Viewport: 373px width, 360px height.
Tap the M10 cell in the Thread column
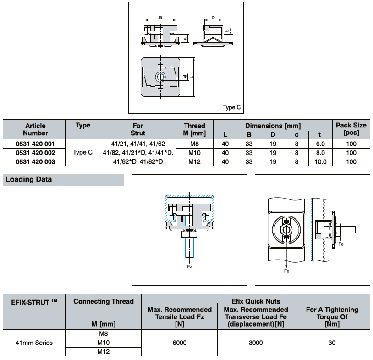pyautogui.click(x=194, y=152)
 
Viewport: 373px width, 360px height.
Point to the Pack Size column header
pyautogui.click(x=351, y=129)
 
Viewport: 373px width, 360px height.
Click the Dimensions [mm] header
pyautogui.click(x=273, y=125)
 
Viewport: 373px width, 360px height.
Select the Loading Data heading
pyautogui.click(x=29, y=179)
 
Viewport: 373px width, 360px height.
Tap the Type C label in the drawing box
pyautogui.click(x=232, y=107)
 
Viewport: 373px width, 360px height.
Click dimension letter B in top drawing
pyautogui.click(x=160, y=17)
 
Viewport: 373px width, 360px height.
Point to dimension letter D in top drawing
pyautogui.click(x=213, y=17)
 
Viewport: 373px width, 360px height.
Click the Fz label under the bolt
pyautogui.click(x=189, y=266)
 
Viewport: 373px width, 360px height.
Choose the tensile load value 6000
pyautogui.click(x=180, y=343)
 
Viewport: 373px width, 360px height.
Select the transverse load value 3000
pyautogui.click(x=256, y=343)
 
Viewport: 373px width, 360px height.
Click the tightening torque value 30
pyautogui.click(x=332, y=343)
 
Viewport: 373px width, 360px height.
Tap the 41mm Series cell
pyautogui.click(x=34, y=343)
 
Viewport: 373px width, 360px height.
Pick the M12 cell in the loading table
pyautogui.click(x=104, y=352)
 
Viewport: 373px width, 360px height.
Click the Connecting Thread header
pyautogui.click(x=104, y=301)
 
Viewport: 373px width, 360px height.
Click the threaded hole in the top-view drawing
pyautogui.click(x=160, y=77)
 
